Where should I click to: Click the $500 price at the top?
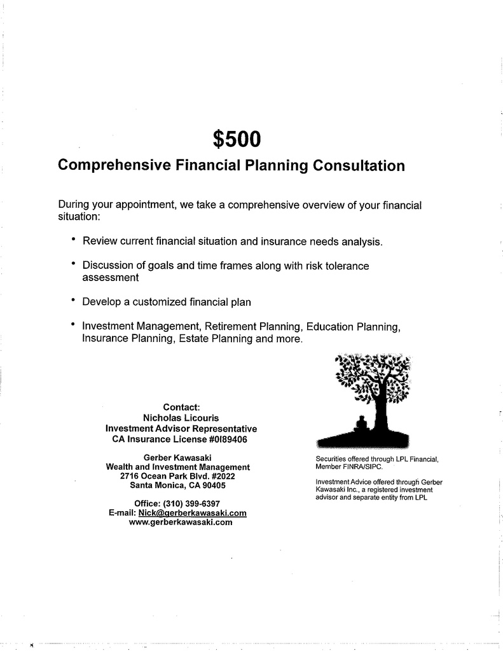tap(237, 138)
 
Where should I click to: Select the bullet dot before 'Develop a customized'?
tap(74, 299)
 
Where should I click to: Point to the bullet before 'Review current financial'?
tap(74, 240)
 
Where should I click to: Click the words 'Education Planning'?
tap(353, 327)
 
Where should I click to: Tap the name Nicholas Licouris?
tap(181, 418)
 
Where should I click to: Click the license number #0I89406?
tap(228, 439)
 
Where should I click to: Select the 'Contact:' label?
tap(181, 407)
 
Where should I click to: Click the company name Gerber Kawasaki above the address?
tap(177, 458)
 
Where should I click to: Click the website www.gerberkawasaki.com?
tap(180, 522)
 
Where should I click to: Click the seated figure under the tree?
tap(361, 425)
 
